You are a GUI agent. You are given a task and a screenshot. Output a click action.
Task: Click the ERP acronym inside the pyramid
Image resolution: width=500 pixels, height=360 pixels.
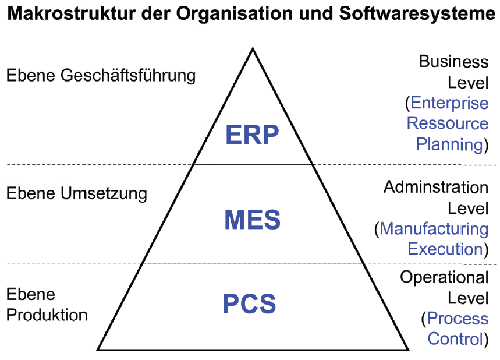click(252, 135)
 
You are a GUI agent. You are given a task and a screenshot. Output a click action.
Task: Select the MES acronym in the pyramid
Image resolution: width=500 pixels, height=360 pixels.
click(253, 220)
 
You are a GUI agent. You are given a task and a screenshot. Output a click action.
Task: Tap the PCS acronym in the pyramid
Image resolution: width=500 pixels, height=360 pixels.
click(249, 304)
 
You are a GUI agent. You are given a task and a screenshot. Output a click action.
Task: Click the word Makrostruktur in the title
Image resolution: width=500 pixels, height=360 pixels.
click(72, 14)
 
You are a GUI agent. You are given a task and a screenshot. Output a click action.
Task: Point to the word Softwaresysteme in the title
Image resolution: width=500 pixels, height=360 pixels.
click(417, 14)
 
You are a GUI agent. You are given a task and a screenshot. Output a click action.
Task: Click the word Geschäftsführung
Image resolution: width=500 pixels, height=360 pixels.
click(128, 76)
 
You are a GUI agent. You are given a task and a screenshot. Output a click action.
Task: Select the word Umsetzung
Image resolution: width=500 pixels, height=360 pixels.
click(104, 194)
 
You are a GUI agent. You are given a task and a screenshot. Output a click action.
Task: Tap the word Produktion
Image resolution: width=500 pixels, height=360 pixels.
click(47, 315)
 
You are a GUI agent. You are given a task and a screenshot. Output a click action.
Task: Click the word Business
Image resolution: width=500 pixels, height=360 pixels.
click(454, 61)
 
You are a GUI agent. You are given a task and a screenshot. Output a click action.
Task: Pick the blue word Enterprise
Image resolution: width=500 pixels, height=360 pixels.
click(449, 103)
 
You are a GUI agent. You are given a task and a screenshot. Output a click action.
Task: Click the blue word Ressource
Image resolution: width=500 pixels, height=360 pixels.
click(448, 123)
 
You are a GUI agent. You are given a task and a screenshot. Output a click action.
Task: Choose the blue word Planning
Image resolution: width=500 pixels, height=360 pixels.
click(449, 144)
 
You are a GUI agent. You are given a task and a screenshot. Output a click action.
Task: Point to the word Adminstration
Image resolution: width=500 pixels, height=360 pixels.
click(436, 187)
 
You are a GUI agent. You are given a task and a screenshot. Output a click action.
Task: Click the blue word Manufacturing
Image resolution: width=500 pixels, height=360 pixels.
click(434, 229)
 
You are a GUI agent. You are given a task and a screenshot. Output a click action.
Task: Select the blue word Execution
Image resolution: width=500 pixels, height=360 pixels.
click(445, 249)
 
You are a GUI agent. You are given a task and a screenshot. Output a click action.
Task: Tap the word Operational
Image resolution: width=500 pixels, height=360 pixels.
click(444, 277)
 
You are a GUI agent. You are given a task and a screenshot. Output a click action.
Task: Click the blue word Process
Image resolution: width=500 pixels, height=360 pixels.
click(458, 319)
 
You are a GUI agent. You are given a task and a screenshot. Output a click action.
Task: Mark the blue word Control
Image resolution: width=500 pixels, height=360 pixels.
click(455, 338)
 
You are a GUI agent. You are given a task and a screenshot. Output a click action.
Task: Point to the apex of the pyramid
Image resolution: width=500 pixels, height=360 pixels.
click(253, 48)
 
